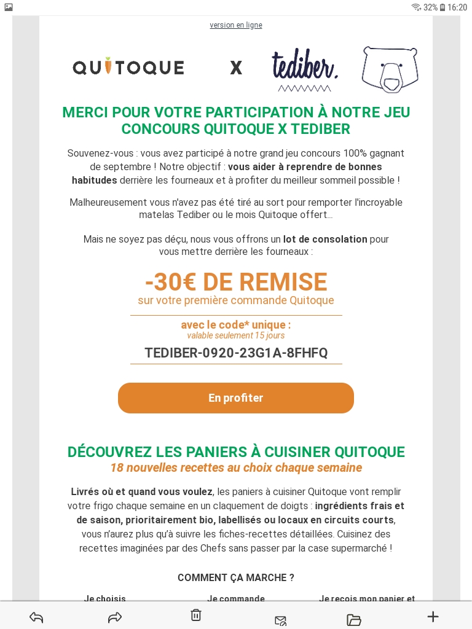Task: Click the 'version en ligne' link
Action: pos(236,25)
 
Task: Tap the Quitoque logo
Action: pos(128,67)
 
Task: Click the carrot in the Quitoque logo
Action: pos(108,65)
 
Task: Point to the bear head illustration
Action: pos(390,69)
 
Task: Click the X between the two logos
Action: pos(236,68)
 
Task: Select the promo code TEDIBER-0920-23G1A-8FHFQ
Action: pos(236,353)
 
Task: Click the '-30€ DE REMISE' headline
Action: pos(236,282)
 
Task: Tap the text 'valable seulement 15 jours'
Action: pos(236,335)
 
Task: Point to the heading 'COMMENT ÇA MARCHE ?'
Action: pos(236,577)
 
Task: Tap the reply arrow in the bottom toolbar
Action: pos(36,617)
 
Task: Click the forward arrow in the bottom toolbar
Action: pos(115,617)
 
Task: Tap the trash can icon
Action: pos(195,615)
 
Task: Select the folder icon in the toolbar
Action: pos(354,619)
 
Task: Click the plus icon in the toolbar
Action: pos(433,617)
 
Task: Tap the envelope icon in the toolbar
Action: pos(280,620)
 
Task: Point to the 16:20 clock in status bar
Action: pos(457,7)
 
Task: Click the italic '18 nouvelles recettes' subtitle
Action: pos(236,468)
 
